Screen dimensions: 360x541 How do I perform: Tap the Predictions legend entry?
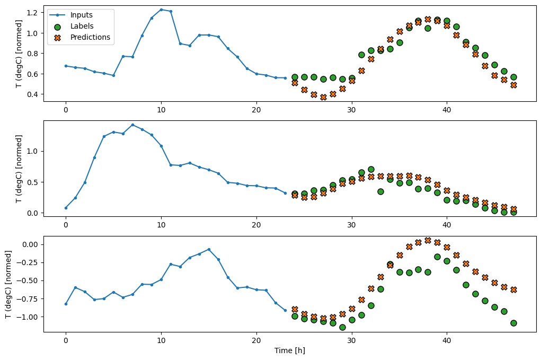(90, 37)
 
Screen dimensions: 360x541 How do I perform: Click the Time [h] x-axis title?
(289, 350)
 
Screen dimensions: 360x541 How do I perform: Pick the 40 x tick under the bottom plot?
(447, 340)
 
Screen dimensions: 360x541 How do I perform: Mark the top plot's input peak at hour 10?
(161, 10)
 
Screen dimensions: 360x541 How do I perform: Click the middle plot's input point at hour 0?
(66, 208)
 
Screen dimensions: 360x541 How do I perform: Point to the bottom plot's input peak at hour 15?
(209, 249)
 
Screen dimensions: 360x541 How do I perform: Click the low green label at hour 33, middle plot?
(380, 191)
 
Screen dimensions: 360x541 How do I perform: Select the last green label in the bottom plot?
(513, 323)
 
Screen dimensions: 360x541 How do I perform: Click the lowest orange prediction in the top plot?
(323, 97)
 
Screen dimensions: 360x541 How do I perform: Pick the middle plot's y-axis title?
(19, 169)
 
